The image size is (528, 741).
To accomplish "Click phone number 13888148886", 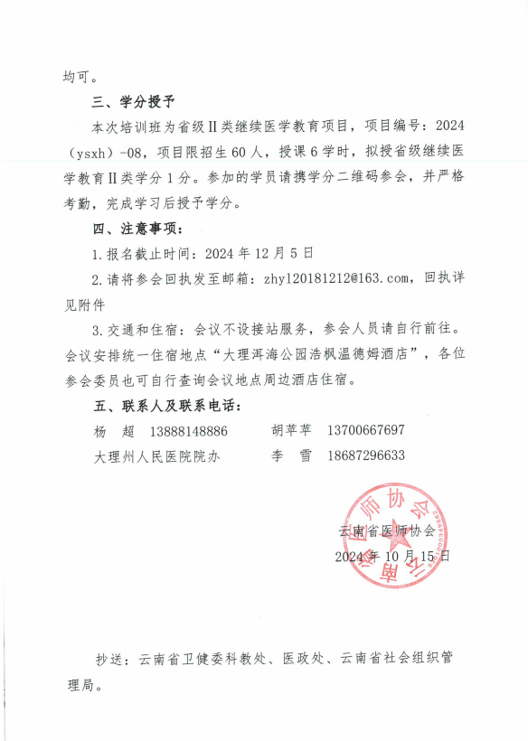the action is tap(189, 430).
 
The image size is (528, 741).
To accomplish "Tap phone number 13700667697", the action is tap(367, 430).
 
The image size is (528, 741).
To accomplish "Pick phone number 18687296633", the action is tap(367, 455).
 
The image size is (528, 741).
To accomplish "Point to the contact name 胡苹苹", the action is tap(290, 430).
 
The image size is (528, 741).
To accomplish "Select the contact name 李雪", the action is tap(290, 455).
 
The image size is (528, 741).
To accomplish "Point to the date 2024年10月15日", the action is tap(391, 556).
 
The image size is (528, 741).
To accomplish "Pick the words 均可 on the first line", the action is tap(80, 75).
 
